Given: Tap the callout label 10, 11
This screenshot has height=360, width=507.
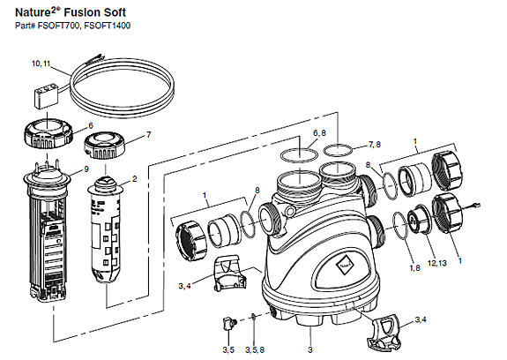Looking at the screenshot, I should [42, 65].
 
